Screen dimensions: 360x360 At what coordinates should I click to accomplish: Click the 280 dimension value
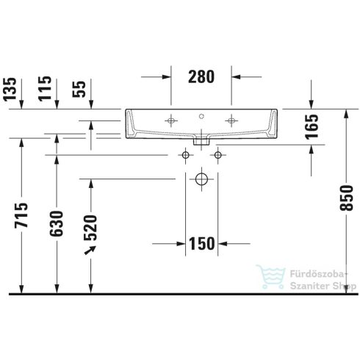(x=201, y=75)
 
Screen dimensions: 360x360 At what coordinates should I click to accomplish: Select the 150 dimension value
(x=201, y=243)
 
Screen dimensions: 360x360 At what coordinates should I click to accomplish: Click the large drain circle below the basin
(x=201, y=179)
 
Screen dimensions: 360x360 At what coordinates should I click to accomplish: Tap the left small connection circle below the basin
(x=186, y=155)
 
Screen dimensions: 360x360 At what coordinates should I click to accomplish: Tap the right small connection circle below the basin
(x=217, y=155)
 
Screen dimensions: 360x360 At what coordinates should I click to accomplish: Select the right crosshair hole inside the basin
(x=231, y=120)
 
